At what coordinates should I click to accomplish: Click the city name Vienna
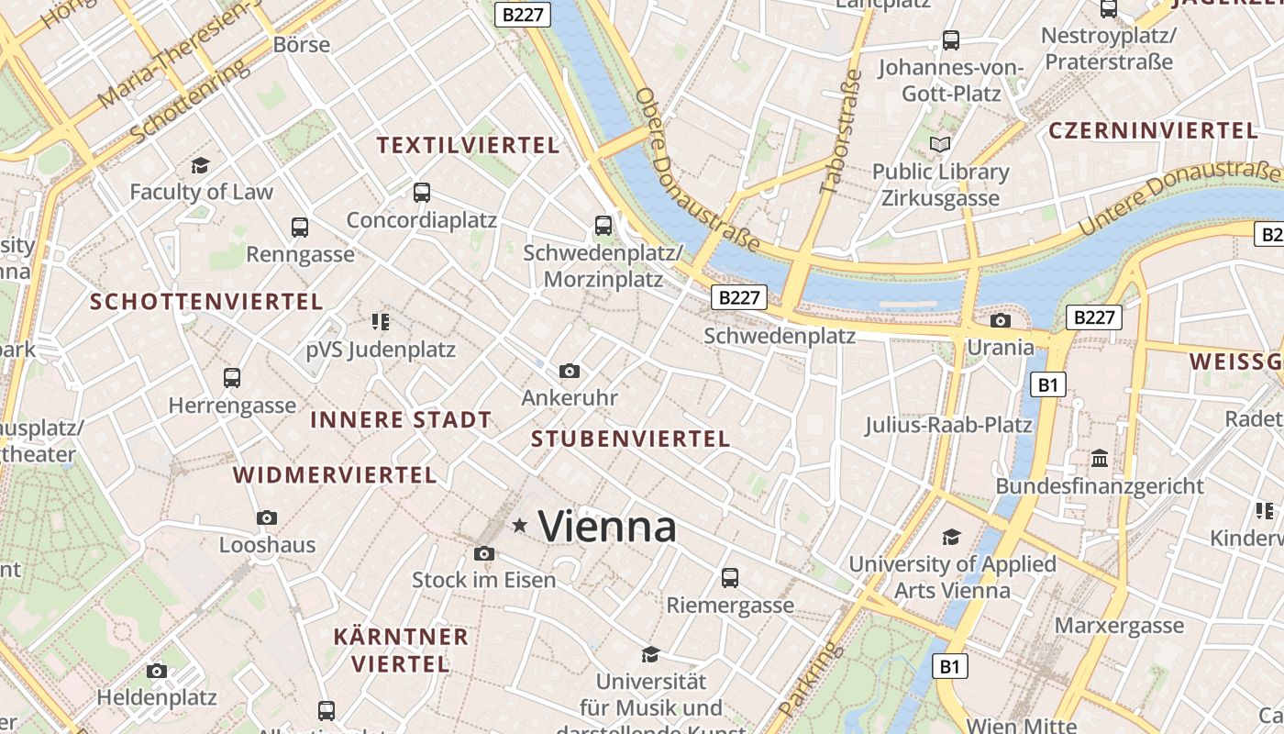pos(607,527)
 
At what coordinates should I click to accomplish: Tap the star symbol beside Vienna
pos(520,526)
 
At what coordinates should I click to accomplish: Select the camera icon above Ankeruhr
pos(570,371)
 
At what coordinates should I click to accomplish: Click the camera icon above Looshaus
pos(267,517)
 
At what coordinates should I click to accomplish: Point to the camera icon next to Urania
pos(1001,320)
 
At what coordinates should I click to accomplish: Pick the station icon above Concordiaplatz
pos(422,193)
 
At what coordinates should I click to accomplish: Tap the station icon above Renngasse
pos(300,227)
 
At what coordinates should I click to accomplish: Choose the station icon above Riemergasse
pos(730,577)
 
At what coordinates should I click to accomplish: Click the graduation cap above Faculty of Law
pos(201,165)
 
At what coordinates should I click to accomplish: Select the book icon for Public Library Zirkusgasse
pos(940,144)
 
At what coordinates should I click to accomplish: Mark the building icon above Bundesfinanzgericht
pos(1100,458)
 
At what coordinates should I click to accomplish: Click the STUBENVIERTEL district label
pos(631,439)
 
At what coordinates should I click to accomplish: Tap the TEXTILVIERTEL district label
pos(468,145)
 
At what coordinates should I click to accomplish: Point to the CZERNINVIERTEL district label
pos(1153,130)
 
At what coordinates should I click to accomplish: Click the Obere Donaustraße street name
pos(696,171)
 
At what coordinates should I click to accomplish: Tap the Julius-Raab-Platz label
pos(948,425)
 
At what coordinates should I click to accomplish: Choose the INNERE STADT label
pos(401,420)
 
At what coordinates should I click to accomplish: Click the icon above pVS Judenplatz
pos(381,321)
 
